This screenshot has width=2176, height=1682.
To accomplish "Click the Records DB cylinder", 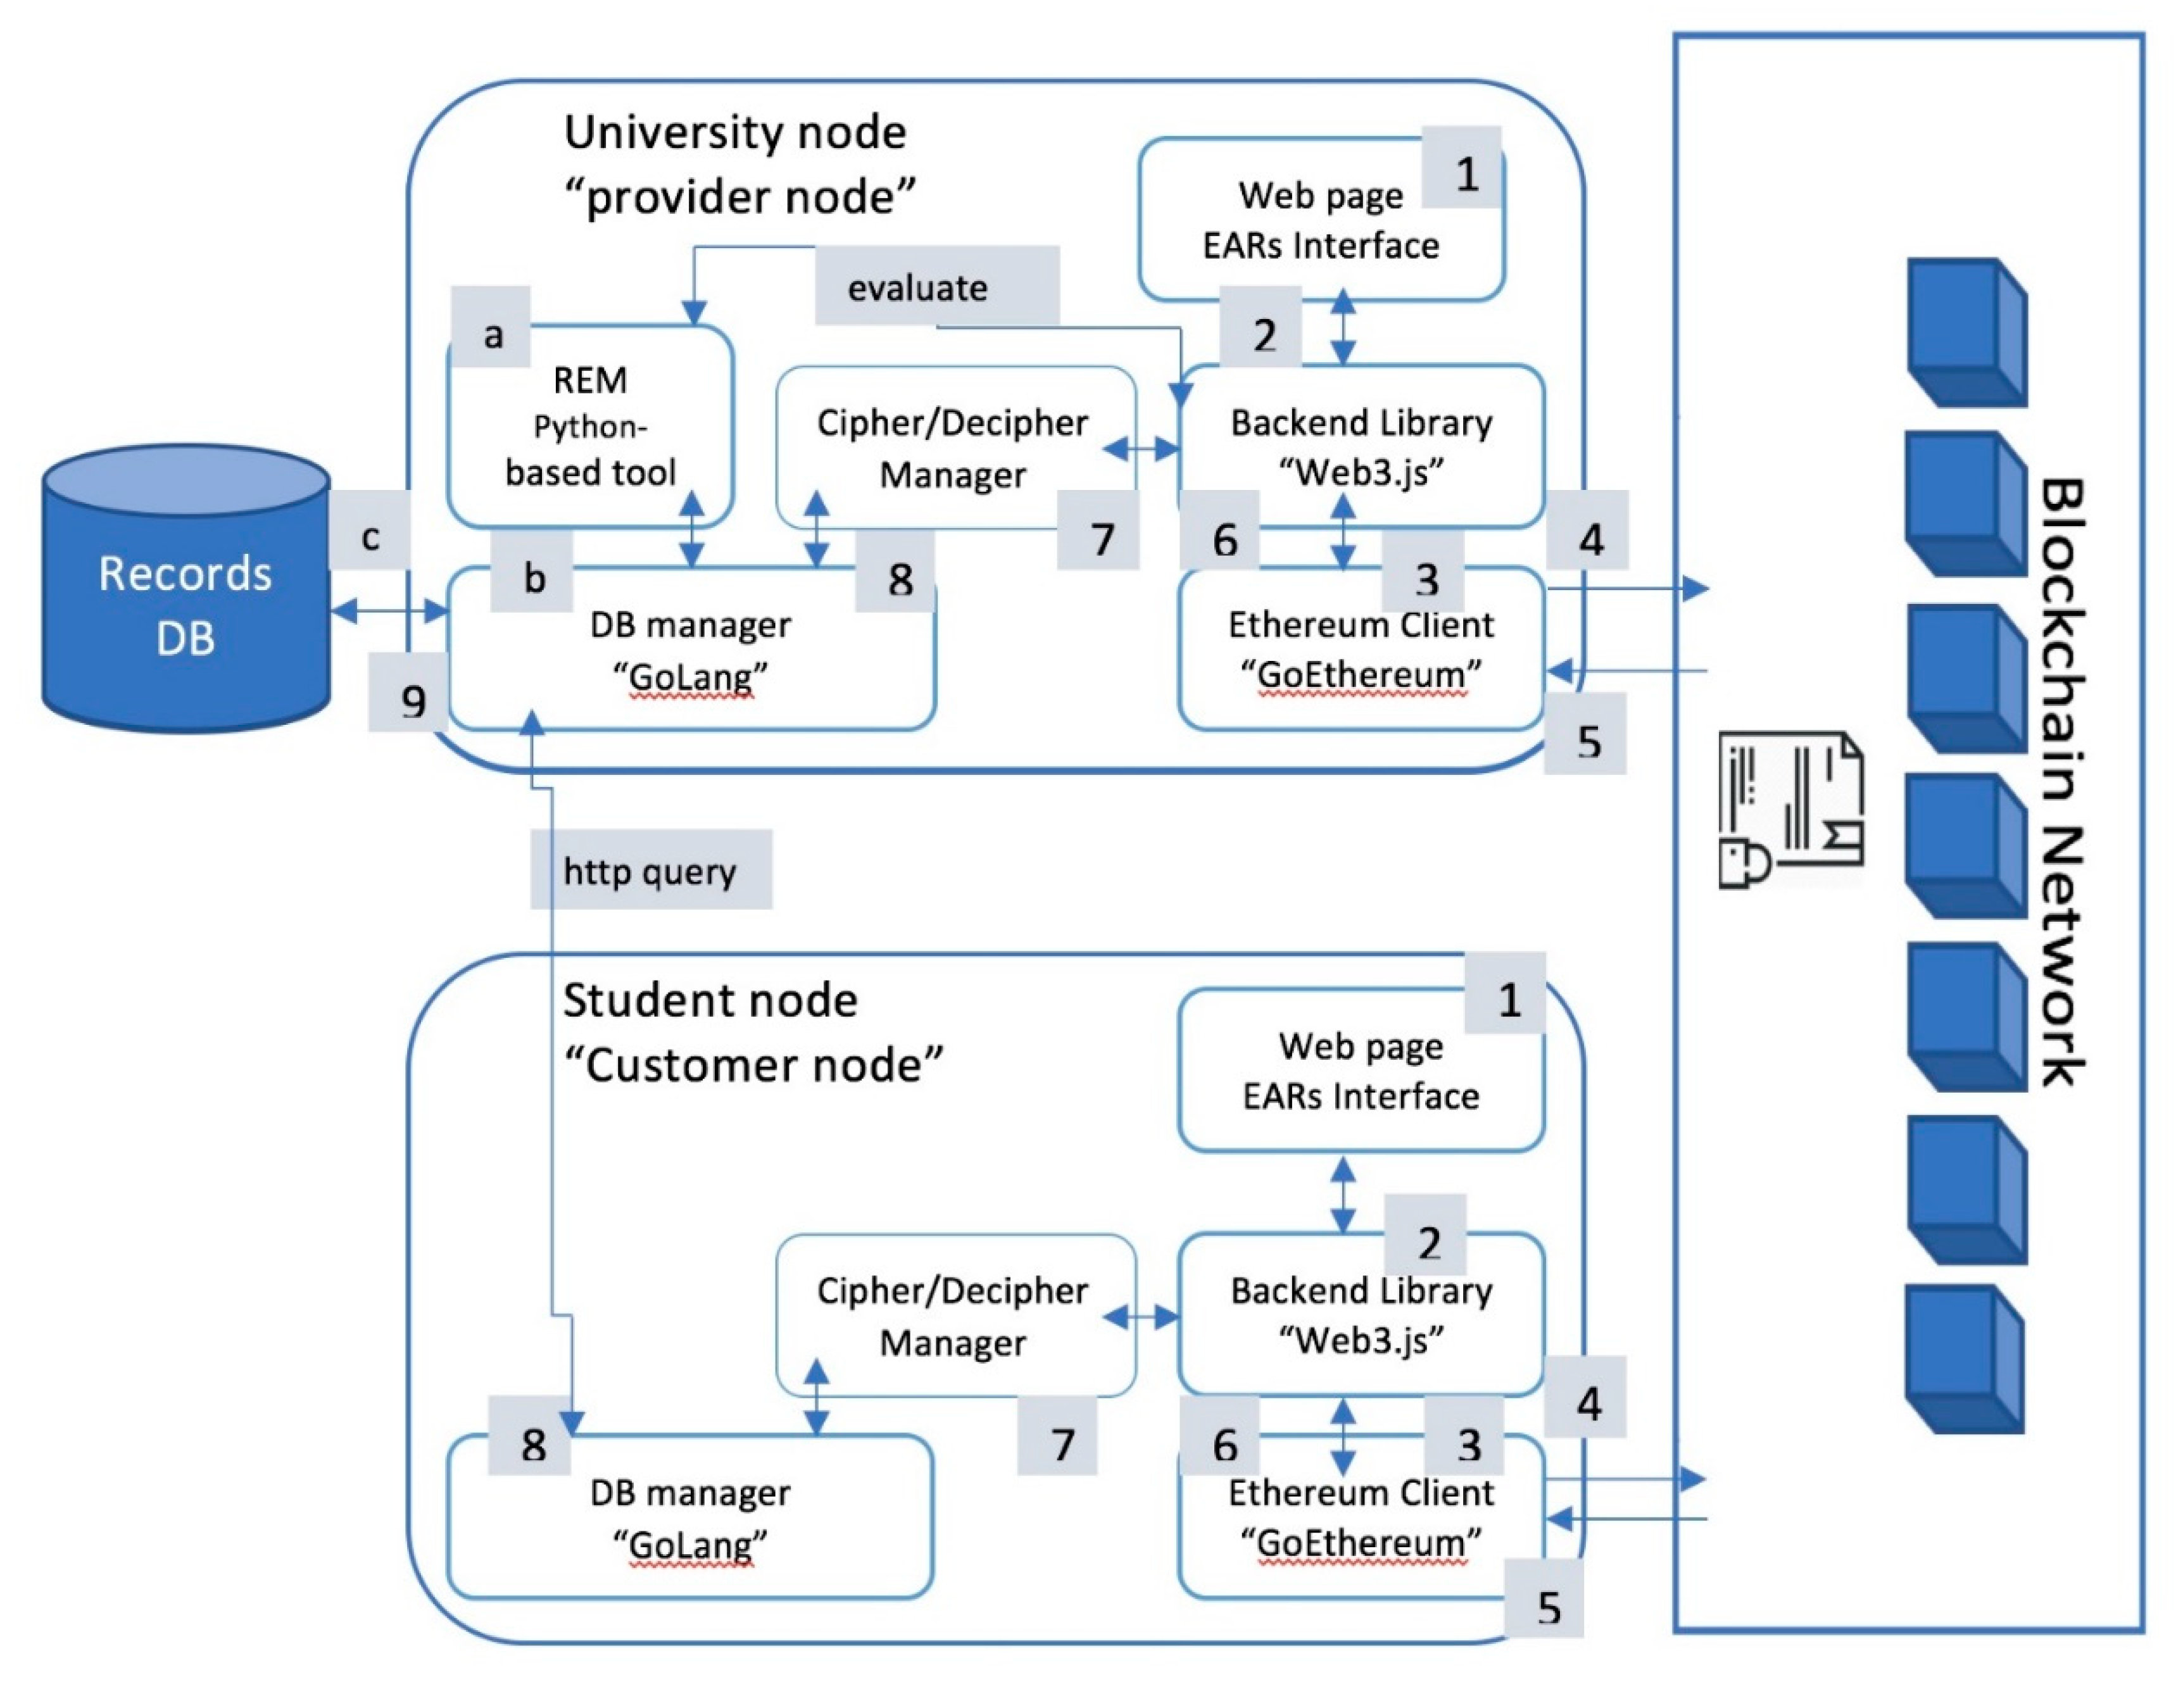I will [x=186, y=598].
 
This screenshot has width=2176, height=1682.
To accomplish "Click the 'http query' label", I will [x=650, y=870].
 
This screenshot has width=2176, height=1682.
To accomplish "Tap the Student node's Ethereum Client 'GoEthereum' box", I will [x=1361, y=1517].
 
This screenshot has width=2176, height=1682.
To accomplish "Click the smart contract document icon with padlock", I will [x=1790, y=810].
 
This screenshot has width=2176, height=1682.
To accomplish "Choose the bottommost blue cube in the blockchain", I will [x=1965, y=1360].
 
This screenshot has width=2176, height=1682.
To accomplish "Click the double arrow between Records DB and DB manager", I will [x=389, y=610].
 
